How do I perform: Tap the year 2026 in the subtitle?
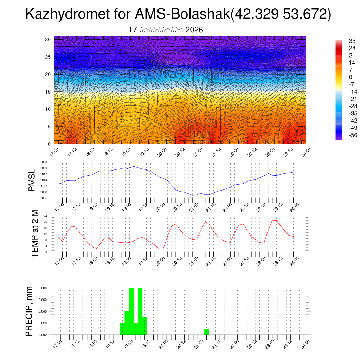[x=194, y=30]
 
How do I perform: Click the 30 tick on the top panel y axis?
[x=48, y=39]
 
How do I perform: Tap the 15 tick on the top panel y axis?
[x=48, y=92]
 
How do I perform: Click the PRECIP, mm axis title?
[x=30, y=311]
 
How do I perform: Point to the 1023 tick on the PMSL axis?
[x=44, y=162]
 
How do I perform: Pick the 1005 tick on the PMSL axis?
[x=44, y=198]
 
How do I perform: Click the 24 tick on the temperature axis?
[x=45, y=216]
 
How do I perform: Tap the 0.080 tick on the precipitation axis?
[x=43, y=288]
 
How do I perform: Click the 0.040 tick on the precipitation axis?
[x=43, y=311]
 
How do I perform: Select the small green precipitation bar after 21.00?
[x=206, y=332]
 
